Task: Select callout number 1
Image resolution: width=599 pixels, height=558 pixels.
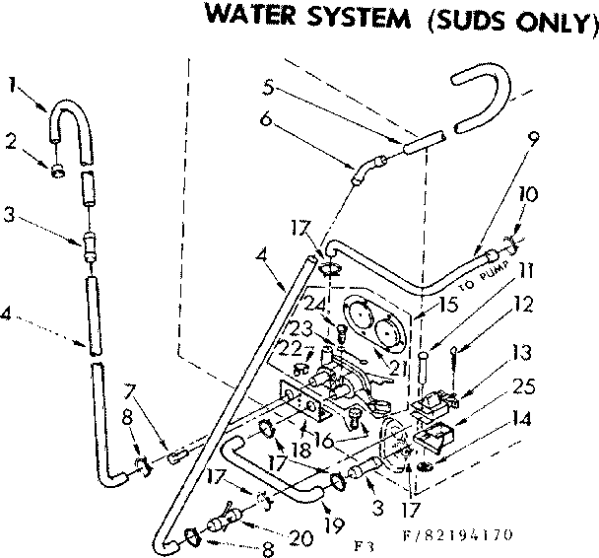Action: pos(12,84)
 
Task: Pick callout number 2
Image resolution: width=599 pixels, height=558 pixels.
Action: pos(12,141)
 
